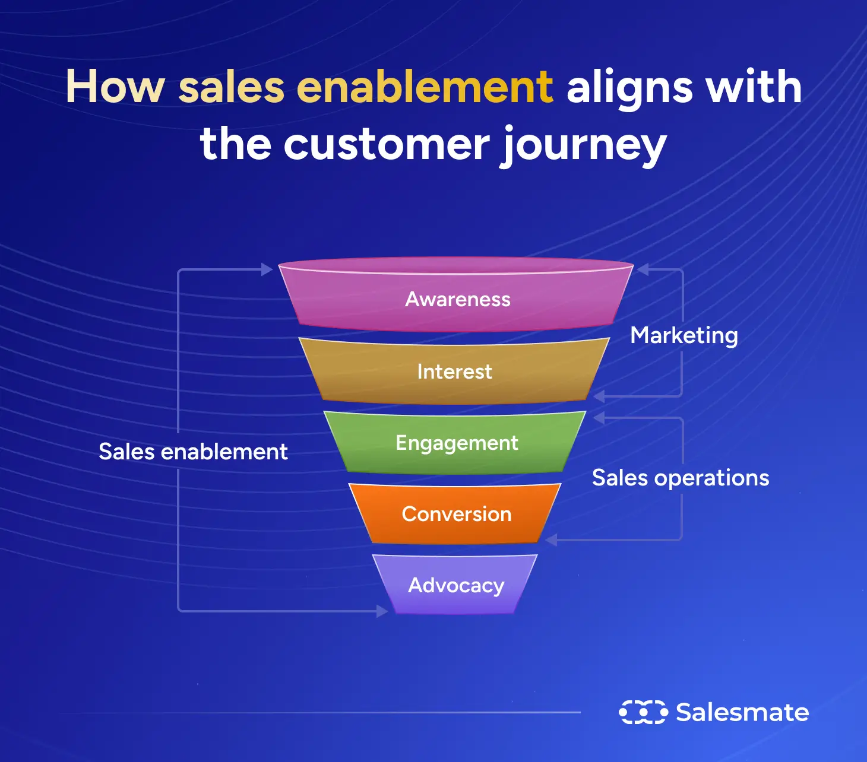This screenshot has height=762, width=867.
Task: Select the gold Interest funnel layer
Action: (454, 372)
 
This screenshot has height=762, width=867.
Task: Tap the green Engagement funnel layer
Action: (456, 443)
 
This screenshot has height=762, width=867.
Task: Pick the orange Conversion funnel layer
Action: (456, 514)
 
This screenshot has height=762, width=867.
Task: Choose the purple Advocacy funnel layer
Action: (455, 585)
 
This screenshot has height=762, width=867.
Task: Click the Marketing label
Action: (684, 335)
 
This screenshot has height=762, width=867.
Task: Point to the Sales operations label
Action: (681, 478)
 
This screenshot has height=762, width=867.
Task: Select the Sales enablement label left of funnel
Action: (193, 452)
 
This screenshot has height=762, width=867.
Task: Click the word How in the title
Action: (115, 87)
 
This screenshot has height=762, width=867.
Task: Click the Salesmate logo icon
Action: (643, 712)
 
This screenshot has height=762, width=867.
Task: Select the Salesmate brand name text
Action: (742, 712)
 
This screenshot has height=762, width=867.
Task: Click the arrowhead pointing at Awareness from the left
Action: (267, 269)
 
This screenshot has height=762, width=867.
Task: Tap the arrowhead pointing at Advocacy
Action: (382, 611)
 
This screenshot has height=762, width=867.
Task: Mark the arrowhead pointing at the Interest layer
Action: (599, 396)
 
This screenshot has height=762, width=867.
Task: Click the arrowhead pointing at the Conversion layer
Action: (551, 539)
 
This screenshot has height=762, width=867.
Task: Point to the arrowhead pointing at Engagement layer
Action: (599, 418)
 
